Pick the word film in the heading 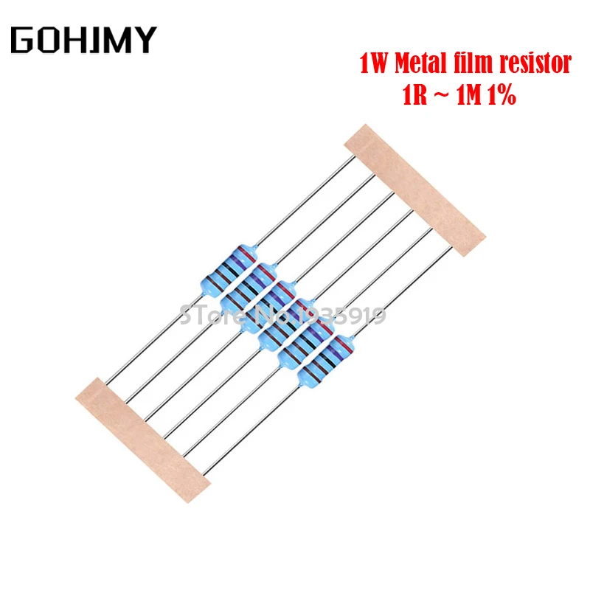click(473, 65)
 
